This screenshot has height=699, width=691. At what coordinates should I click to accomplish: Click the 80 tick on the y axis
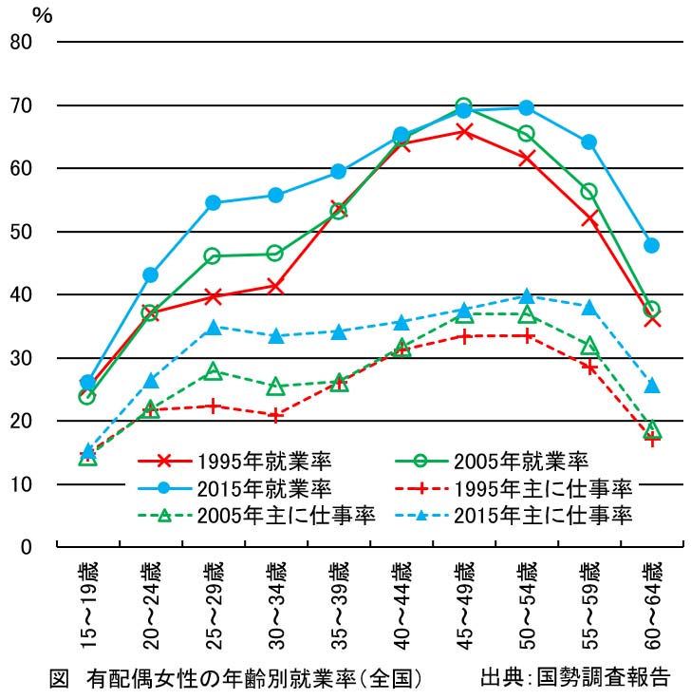(22, 42)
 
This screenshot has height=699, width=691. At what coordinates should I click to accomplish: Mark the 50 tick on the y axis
(22, 232)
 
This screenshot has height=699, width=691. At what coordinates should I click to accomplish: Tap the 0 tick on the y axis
(28, 547)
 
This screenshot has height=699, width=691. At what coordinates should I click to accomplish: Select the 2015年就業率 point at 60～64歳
(652, 245)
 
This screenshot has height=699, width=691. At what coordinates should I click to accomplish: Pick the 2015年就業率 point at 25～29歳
(213, 202)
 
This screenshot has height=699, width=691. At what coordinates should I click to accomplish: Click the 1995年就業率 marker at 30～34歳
(275, 285)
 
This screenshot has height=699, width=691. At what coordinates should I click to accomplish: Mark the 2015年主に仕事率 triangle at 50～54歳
(527, 296)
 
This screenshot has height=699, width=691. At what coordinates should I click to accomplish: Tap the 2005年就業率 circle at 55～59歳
(588, 192)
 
